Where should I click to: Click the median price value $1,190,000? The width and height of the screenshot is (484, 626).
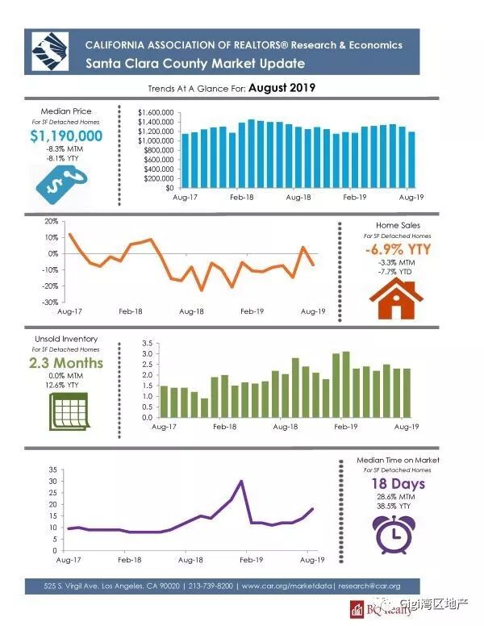point(66,136)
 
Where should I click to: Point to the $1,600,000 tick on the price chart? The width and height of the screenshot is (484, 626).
point(156,112)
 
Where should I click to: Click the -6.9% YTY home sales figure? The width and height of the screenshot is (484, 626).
point(398,249)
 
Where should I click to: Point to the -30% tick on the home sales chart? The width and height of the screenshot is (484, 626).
point(52,303)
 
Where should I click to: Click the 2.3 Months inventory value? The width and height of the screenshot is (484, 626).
point(66,363)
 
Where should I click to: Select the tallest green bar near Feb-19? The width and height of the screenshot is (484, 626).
point(345,385)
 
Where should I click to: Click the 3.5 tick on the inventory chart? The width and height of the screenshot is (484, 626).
point(146,344)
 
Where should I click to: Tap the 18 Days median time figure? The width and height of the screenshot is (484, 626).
point(398,484)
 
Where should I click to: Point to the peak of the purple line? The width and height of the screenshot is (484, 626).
point(241,482)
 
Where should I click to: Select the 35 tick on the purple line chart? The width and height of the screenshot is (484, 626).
point(53,469)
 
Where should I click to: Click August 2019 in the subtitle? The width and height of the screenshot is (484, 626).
point(282,86)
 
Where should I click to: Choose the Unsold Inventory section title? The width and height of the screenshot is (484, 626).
point(66,339)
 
